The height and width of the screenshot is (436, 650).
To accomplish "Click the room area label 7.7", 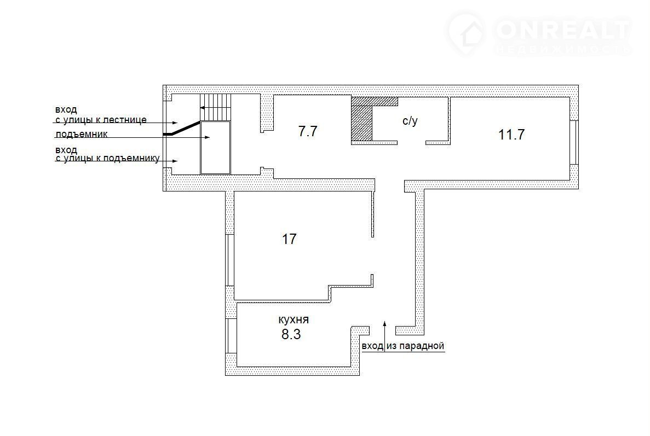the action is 308,131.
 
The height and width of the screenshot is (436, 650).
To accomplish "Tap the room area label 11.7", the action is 511,135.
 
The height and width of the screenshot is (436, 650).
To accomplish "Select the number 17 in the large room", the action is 289,239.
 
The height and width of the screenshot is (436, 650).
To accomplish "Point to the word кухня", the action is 294,319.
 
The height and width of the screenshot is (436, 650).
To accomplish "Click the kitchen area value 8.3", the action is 291,334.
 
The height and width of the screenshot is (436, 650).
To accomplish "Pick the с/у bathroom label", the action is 410,121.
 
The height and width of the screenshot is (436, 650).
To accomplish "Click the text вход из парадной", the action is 403,346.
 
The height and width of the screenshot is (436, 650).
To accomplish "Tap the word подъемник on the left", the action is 81,134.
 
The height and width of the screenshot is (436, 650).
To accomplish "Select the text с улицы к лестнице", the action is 101,120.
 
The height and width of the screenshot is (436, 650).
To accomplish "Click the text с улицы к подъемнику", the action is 108,158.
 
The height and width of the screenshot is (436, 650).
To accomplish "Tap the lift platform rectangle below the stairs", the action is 216,147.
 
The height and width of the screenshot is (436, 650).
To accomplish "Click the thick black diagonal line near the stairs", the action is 182,129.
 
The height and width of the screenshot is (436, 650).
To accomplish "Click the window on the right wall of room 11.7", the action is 574,143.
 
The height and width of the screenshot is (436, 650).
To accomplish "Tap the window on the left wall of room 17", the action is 229,260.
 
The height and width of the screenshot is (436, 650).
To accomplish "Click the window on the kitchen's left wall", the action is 231,336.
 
